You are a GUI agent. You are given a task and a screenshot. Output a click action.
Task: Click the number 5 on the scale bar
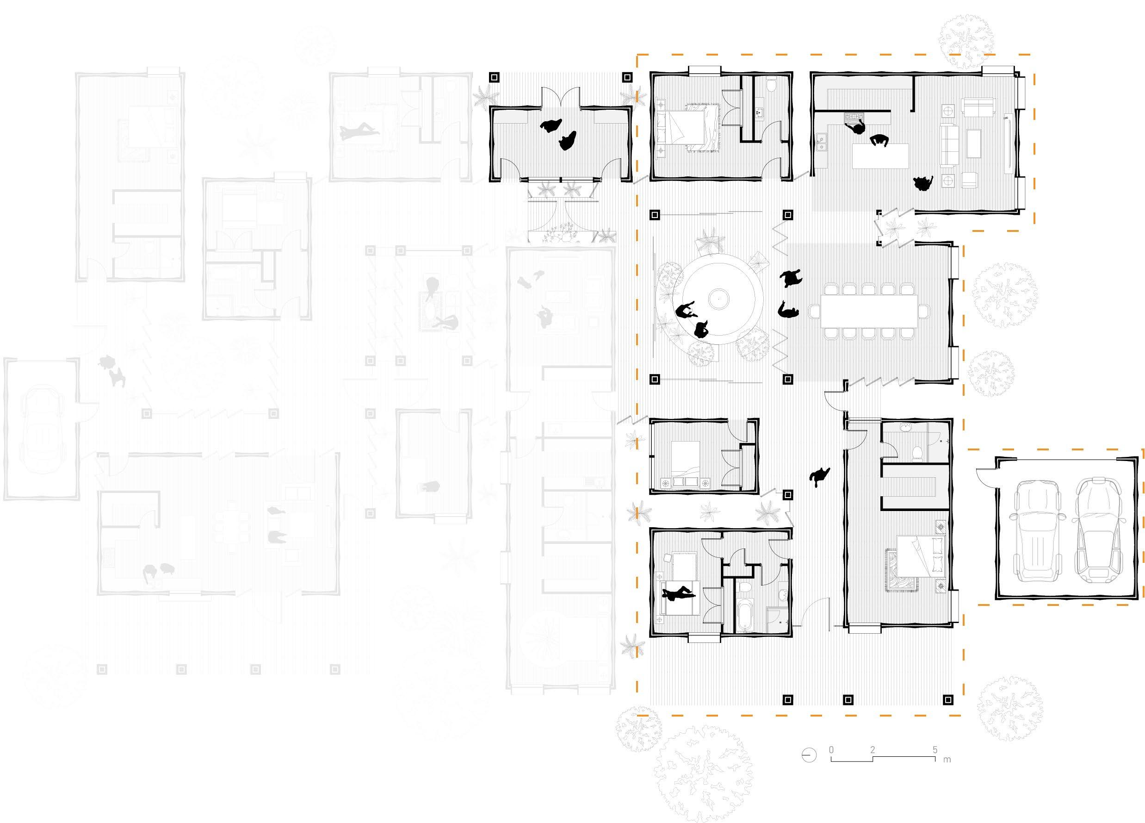coord(935,750)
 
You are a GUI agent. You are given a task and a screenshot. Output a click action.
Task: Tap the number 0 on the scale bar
coord(831,750)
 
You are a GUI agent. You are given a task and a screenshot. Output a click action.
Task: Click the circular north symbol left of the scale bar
coord(809,755)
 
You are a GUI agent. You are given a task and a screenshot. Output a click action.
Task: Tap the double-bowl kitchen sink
coord(820,143)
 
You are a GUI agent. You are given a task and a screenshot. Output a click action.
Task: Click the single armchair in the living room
coord(968,179)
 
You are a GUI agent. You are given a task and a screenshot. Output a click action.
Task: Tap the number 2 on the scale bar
coord(873,750)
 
